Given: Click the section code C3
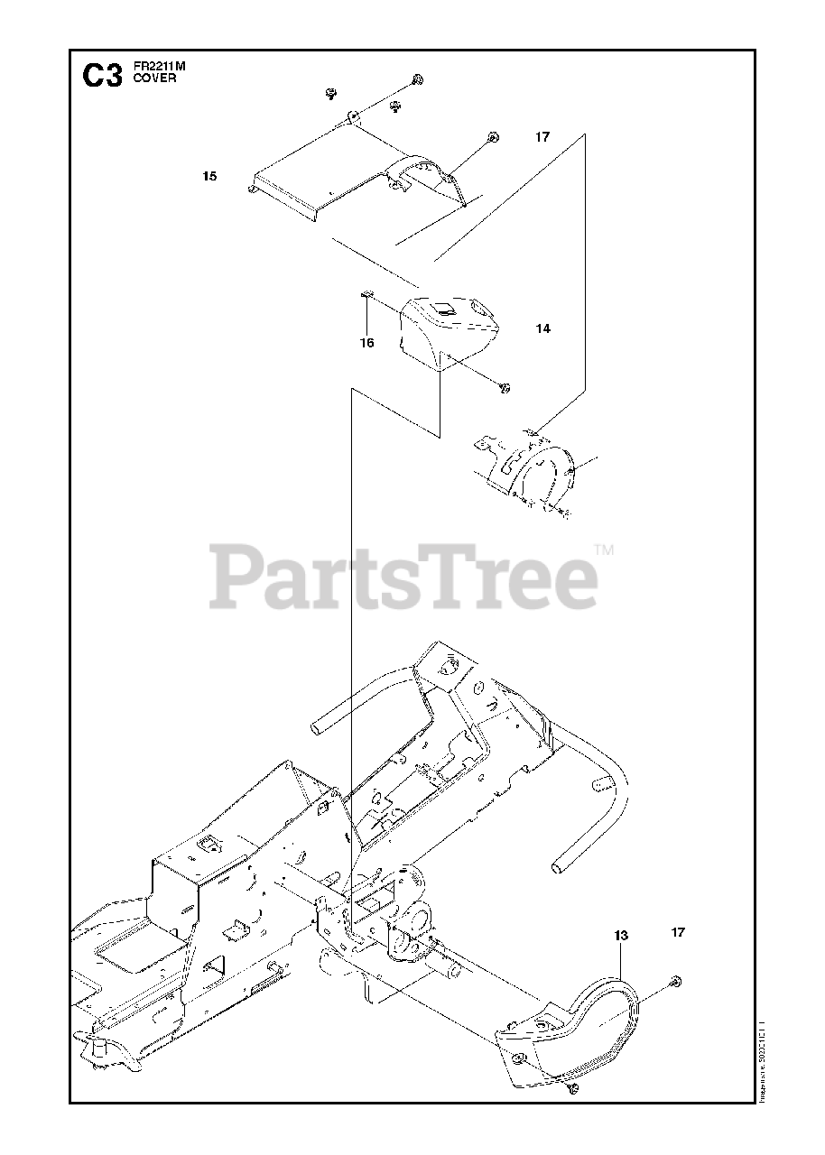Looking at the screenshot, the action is [x=101, y=76].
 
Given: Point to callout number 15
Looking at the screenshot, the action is [x=209, y=176].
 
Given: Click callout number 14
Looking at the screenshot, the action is [x=542, y=329].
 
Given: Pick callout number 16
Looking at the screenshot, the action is [x=366, y=342].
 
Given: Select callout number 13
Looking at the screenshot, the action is [x=621, y=936].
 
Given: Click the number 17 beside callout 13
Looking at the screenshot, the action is [x=679, y=932].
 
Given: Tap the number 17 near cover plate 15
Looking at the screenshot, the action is [x=542, y=137].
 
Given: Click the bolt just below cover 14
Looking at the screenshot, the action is [x=505, y=388].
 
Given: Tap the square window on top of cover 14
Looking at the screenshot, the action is [x=444, y=309].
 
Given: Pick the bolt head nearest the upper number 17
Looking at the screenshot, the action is [x=492, y=137].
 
